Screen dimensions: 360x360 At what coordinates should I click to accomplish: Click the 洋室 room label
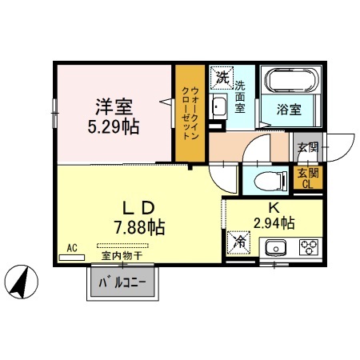114,107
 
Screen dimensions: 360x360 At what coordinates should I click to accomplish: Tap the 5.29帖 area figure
114,126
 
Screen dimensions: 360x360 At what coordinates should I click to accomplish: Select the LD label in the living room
138,208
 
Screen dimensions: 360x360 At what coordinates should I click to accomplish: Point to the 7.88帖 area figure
140,227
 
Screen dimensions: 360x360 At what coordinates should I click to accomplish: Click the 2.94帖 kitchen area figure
274,223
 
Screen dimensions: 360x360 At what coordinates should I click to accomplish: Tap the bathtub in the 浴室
291,80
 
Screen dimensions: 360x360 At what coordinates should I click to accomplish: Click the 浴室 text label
289,110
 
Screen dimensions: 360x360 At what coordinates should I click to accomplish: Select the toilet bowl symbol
270,181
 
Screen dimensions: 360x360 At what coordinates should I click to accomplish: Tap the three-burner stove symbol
309,247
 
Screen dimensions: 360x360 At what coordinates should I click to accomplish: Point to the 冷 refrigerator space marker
238,242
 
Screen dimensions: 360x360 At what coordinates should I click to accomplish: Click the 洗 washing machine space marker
222,78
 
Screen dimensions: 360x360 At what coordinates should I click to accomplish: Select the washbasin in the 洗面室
219,106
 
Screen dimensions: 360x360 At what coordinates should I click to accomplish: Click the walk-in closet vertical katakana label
190,113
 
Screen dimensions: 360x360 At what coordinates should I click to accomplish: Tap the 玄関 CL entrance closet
308,178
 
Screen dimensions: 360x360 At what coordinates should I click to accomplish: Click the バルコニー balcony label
122,282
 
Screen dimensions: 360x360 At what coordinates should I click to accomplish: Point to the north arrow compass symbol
22,282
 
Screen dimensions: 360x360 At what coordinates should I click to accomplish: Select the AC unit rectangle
72,258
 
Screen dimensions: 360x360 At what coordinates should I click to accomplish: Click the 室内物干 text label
122,256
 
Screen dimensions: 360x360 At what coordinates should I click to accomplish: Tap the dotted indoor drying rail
122,246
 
